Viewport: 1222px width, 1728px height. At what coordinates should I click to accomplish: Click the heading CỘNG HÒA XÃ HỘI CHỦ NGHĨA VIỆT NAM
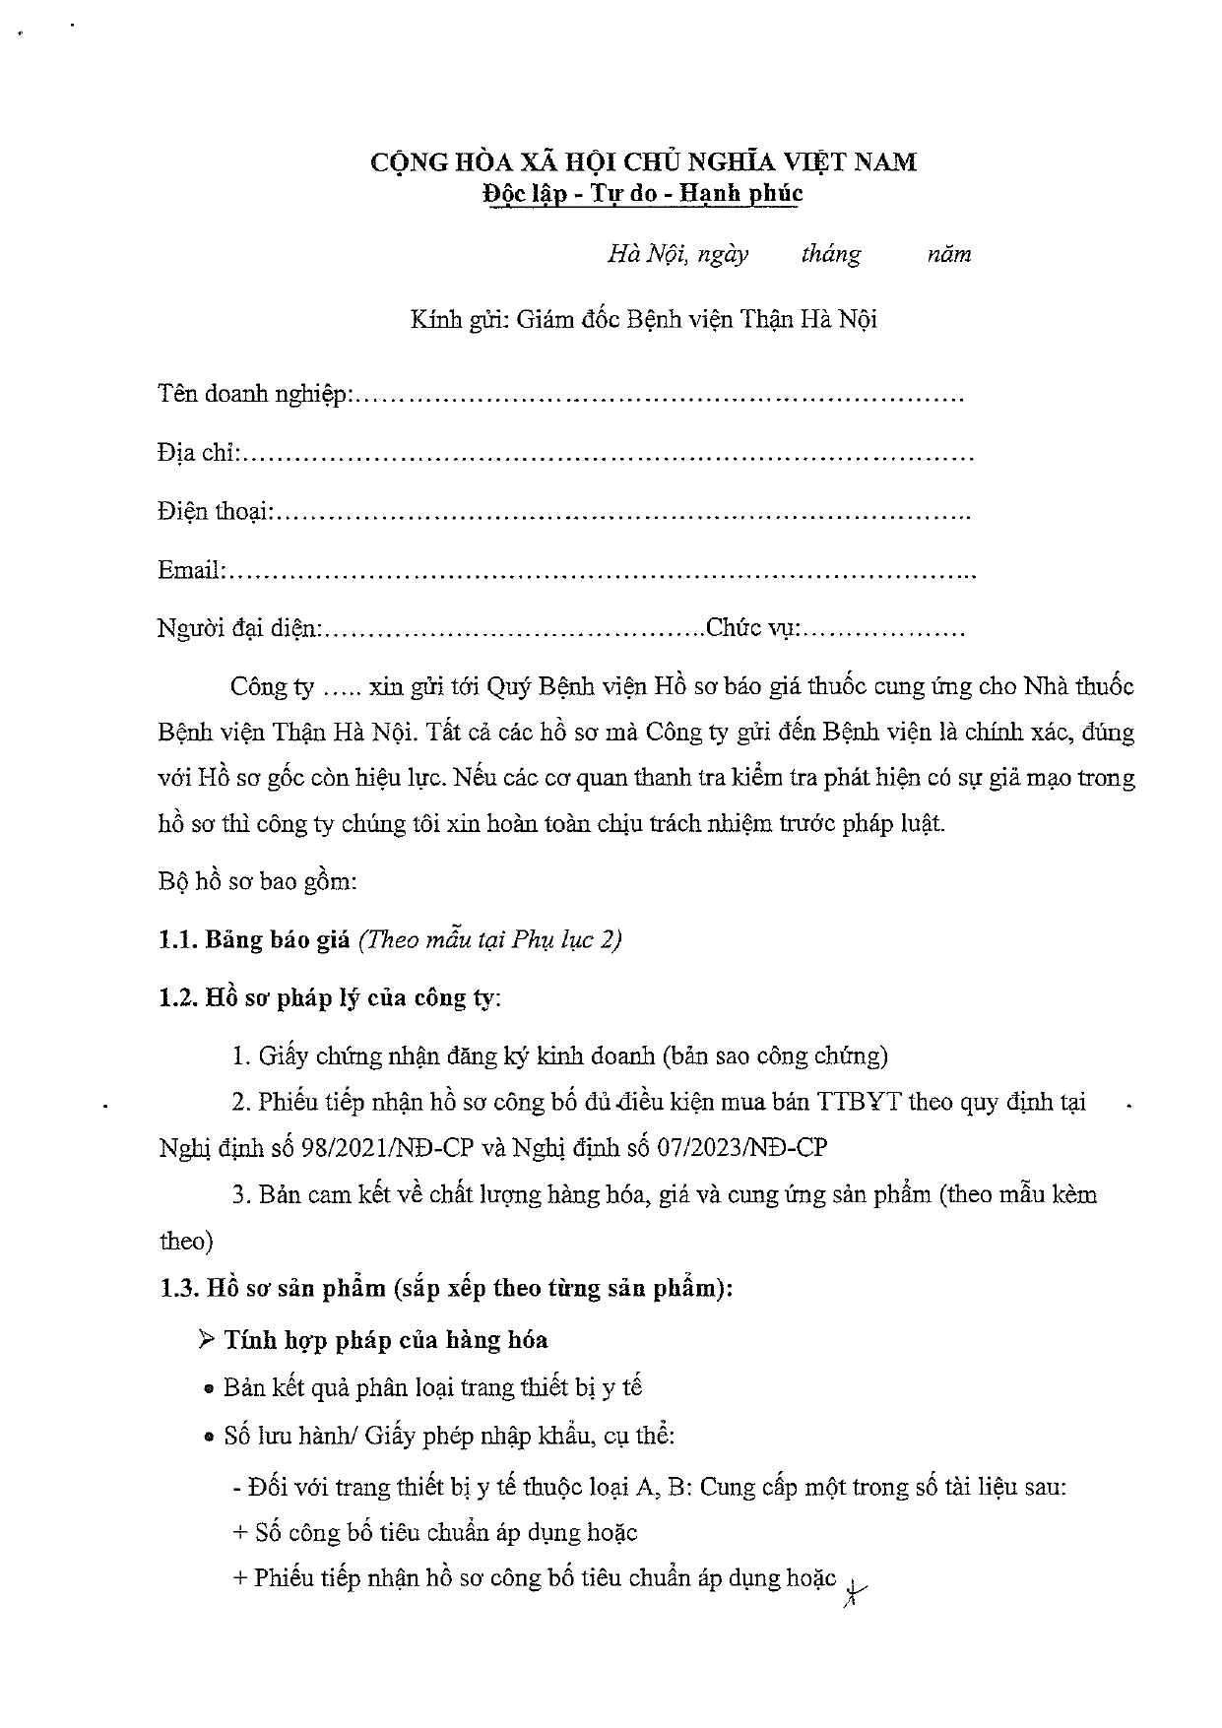point(643,161)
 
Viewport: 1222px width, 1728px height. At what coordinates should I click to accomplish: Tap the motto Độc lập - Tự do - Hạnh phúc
point(643,193)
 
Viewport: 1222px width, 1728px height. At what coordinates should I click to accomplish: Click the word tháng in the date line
point(831,255)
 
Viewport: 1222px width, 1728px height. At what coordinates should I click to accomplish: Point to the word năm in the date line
point(949,255)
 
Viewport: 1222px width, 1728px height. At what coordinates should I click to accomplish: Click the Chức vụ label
point(753,628)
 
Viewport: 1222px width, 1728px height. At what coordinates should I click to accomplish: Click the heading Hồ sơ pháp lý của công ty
point(352,997)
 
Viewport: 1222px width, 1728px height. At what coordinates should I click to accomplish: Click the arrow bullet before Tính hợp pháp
point(207,1339)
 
